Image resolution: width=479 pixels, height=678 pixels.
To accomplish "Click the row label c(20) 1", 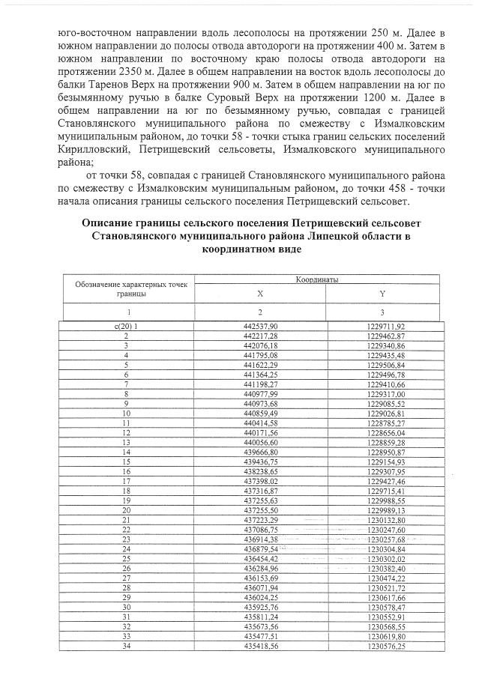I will (x=126, y=326).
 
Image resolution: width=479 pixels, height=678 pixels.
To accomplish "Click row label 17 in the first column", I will (x=126, y=480).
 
